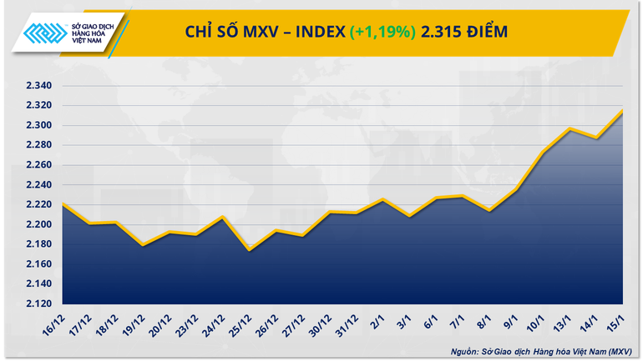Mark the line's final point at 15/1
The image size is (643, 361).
click(623, 111)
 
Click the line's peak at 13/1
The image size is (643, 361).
click(569, 128)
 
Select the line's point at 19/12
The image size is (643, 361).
click(143, 245)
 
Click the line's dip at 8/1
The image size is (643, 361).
click(489, 210)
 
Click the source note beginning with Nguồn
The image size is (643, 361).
click(538, 350)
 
